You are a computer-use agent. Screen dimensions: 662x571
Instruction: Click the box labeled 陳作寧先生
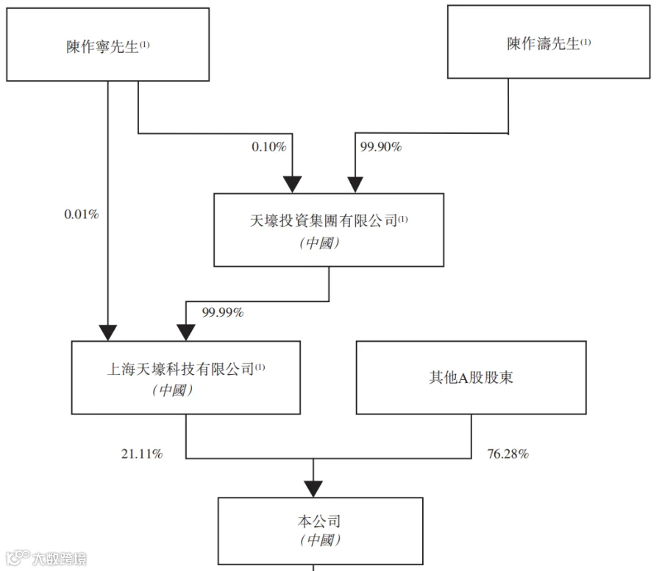pyautogui.click(x=107, y=44)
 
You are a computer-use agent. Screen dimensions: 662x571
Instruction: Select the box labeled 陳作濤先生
pyautogui.click(x=549, y=42)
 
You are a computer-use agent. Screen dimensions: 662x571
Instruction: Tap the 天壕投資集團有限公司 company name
pyautogui.click(x=324, y=220)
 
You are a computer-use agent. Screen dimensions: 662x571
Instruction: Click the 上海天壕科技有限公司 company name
pyautogui.click(x=180, y=369)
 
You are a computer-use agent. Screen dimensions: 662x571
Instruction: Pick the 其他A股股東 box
pyautogui.click(x=471, y=378)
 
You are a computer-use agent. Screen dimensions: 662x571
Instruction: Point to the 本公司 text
pyautogui.click(x=319, y=522)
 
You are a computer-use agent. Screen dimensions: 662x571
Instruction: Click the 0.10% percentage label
pyautogui.click(x=269, y=147)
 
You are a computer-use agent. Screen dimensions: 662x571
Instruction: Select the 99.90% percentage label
pyautogui.click(x=381, y=147)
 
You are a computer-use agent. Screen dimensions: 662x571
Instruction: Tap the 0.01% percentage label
pyautogui.click(x=82, y=215)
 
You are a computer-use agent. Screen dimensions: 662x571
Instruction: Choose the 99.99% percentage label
pyautogui.click(x=223, y=312)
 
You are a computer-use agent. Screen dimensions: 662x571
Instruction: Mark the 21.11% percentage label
pyautogui.click(x=142, y=453)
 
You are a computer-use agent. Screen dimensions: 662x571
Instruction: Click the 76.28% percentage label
pyautogui.click(x=508, y=453)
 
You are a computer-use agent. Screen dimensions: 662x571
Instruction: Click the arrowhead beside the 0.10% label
pyautogui.click(x=292, y=184)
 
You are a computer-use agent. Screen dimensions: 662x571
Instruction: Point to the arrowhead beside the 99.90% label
pyautogui.click(x=355, y=184)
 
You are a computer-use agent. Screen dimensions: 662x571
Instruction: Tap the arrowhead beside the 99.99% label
pyautogui.click(x=186, y=332)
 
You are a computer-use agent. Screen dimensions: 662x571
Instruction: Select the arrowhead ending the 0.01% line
pyautogui.click(x=108, y=332)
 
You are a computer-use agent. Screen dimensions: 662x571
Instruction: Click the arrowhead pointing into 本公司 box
pyautogui.click(x=313, y=489)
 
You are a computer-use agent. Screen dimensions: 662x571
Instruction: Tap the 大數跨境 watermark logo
pyautogui.click(x=46, y=559)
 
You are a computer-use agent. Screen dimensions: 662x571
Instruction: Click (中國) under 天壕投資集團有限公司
pyautogui.click(x=320, y=243)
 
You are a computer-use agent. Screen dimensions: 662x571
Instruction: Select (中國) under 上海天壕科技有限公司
pyautogui.click(x=173, y=390)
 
